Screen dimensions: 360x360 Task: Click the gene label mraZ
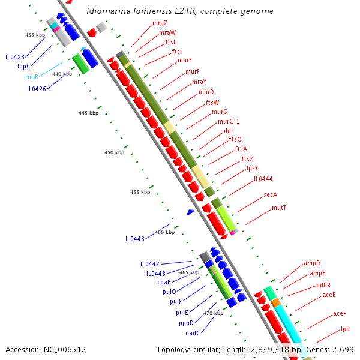(160, 23)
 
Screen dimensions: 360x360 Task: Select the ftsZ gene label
(247, 159)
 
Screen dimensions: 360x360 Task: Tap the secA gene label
(270, 194)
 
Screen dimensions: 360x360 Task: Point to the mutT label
(279, 208)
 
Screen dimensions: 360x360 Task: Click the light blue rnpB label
(32, 77)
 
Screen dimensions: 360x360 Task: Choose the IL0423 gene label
(15, 57)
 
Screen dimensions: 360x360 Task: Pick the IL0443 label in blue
(135, 239)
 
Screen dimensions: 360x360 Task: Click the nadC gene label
(193, 333)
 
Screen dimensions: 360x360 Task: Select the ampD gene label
(312, 263)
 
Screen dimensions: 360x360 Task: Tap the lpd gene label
(345, 329)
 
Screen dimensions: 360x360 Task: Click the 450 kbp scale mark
(114, 152)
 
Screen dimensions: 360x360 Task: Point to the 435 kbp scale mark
(35, 35)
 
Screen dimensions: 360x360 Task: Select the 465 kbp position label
(189, 272)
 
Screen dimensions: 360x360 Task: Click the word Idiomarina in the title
(106, 11)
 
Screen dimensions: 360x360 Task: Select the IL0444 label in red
(263, 179)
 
